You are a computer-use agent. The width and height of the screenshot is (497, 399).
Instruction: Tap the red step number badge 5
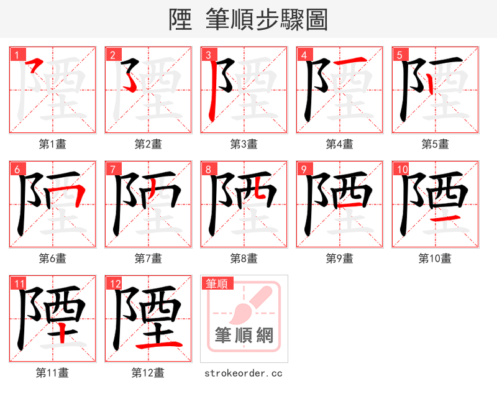(x=399, y=55)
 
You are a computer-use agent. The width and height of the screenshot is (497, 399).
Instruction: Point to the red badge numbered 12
(x=114, y=283)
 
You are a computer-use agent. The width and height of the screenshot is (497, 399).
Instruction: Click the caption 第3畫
(x=244, y=144)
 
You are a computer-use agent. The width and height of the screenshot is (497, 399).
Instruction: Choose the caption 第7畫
(x=148, y=258)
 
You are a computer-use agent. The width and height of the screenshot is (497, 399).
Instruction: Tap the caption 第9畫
(x=339, y=258)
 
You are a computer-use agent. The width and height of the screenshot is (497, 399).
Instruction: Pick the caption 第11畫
(x=52, y=373)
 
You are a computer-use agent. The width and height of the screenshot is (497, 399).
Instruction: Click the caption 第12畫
(x=148, y=373)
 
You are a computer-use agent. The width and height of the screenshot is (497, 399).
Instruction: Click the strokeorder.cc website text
(x=244, y=373)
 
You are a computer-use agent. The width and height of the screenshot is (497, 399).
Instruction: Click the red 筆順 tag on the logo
(x=217, y=283)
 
